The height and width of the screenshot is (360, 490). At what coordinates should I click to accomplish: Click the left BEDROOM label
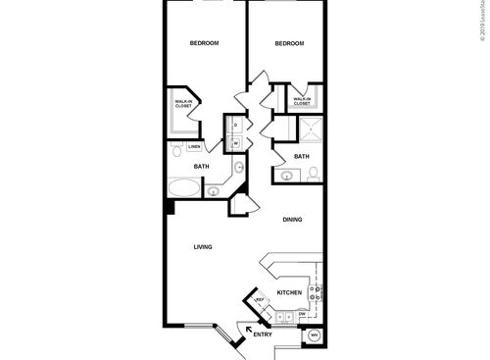click(203, 43)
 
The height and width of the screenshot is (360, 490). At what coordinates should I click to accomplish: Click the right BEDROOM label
click(289, 43)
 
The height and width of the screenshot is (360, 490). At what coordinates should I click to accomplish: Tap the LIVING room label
click(203, 246)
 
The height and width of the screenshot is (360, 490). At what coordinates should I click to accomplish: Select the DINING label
click(293, 220)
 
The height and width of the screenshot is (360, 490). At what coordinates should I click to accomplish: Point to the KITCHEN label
click(289, 293)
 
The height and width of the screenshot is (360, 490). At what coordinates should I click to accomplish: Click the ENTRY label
click(262, 336)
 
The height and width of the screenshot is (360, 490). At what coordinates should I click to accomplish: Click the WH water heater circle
click(314, 335)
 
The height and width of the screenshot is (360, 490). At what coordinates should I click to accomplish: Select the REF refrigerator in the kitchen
click(261, 300)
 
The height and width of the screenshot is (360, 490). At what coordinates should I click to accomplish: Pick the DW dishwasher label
click(302, 313)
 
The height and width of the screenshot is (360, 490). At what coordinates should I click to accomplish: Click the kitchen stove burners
click(315, 290)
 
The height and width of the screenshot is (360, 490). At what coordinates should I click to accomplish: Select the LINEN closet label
click(194, 147)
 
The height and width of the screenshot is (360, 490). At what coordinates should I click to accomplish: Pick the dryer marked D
click(235, 125)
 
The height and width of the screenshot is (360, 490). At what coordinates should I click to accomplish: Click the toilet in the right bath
click(313, 175)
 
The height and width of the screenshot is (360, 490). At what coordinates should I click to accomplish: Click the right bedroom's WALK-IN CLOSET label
click(302, 100)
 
